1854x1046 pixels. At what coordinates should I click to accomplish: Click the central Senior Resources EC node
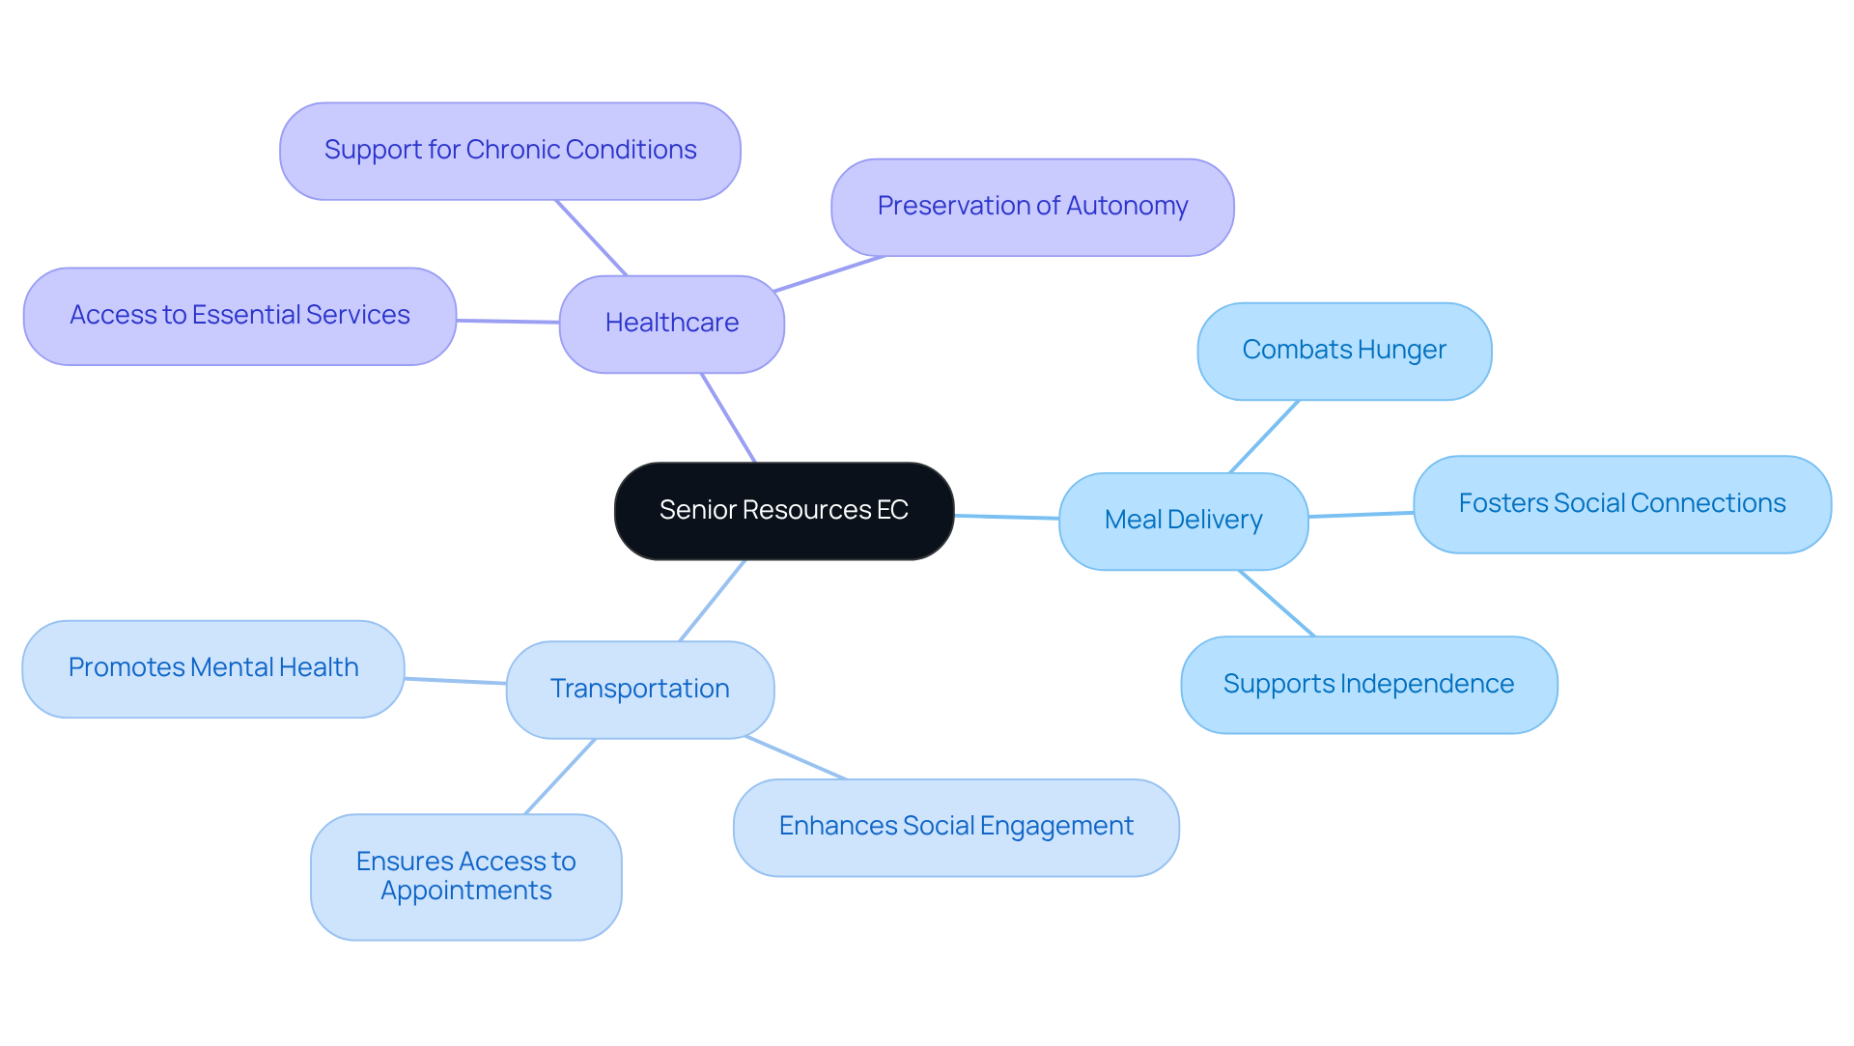coord(783,510)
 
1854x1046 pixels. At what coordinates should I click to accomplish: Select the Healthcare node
coord(671,324)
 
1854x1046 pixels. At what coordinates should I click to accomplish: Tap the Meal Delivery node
coord(1183,521)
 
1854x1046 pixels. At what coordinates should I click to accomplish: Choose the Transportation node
coord(639,690)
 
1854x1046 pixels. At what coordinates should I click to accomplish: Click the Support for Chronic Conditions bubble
coord(510,151)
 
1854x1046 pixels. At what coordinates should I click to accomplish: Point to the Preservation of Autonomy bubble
coord(1031,207)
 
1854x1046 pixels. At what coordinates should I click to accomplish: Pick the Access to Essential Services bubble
coord(239,316)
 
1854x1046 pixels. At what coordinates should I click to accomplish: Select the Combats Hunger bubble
coord(1343,351)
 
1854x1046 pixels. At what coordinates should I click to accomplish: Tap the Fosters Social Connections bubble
coord(1621,504)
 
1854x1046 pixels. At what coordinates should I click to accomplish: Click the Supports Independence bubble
coord(1368,685)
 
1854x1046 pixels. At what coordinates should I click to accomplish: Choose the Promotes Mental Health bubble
coord(212,668)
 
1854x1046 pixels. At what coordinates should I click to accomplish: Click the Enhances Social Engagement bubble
coord(955,827)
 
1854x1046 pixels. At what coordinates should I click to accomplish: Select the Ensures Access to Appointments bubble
coord(465,876)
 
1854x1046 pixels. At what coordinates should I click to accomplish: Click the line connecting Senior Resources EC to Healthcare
coord(729,418)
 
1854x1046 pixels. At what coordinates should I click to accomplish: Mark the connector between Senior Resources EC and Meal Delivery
coord(1006,517)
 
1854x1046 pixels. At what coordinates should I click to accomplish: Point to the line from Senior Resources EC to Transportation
coord(713,600)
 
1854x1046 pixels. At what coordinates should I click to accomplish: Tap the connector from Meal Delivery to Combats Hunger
coord(1264,437)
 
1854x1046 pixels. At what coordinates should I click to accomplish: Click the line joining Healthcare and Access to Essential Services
coord(508,321)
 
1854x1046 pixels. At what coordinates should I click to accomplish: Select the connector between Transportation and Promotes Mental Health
coord(455,681)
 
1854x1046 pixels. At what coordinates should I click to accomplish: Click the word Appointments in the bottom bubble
coord(465,891)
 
